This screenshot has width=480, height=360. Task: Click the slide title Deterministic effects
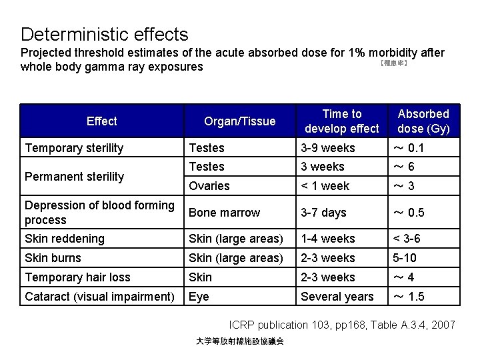point(105,34)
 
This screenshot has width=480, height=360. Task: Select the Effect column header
point(101,121)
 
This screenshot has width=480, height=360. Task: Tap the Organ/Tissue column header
point(239,121)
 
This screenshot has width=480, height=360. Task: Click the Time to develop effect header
point(341,121)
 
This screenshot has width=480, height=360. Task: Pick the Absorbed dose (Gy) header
point(424,121)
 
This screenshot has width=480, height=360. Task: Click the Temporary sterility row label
point(74,148)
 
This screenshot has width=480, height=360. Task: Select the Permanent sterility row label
point(74,177)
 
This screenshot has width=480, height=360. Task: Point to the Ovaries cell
point(209,186)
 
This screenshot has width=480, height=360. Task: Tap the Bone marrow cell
point(225,213)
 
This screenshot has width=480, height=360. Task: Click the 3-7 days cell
point(323,213)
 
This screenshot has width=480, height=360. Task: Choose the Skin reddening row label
point(65,239)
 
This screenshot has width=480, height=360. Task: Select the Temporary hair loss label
point(77,277)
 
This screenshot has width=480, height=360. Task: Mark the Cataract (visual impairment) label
point(99,297)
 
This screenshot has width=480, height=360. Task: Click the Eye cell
point(200,297)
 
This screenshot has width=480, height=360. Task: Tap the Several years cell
point(337,297)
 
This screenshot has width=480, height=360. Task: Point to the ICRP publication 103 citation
point(342,325)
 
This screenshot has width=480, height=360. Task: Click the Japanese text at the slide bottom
point(240,341)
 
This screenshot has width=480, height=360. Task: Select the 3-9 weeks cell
point(328,148)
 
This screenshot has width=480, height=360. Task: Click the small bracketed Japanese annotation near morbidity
point(393,64)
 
